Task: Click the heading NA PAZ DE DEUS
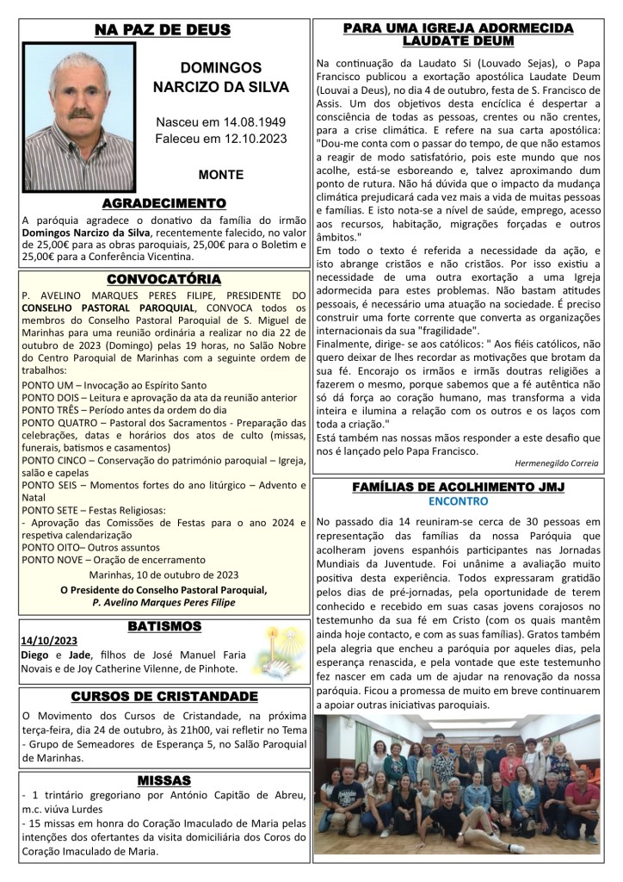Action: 163,30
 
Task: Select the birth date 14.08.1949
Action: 250,121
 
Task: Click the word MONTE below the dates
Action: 220,175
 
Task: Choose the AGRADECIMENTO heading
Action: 163,203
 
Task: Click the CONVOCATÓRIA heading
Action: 163,279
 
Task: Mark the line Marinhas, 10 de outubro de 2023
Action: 163,575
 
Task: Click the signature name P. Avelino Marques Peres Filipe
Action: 163,603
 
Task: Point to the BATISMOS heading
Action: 163,625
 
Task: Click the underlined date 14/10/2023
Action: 50,641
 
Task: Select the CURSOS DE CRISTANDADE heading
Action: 163,695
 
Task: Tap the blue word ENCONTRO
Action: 458,500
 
